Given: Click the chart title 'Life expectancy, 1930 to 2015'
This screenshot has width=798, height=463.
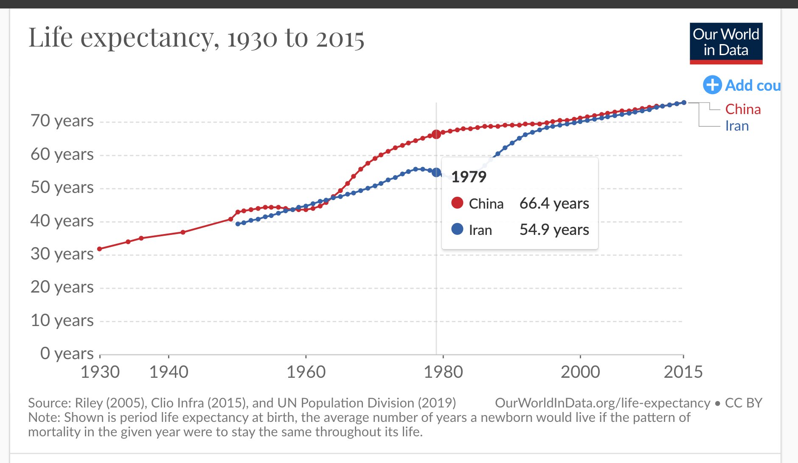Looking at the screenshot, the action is coord(196,38).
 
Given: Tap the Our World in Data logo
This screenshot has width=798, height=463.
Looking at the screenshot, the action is coord(726,43).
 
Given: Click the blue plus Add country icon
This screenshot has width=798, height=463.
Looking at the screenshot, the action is coord(712,85).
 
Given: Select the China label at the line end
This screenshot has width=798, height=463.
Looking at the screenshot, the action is coord(743,109).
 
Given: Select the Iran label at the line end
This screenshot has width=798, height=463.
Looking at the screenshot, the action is coord(737,126).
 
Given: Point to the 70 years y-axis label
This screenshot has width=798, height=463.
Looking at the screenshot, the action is coord(62,121).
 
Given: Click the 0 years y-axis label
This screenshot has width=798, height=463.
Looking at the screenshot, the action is coord(67,353).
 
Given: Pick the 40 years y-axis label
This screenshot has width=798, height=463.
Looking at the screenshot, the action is coord(62,221).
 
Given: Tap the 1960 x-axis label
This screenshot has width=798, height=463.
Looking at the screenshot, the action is coord(306,372).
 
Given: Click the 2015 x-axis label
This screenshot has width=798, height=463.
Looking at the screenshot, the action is coord(683,372).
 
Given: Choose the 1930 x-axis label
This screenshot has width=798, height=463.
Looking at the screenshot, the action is coord(100,372).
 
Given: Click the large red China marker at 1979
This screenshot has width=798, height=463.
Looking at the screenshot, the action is coord(436,134).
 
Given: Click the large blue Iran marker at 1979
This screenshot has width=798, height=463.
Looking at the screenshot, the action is coord(436,172).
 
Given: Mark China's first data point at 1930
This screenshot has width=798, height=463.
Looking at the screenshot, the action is coord(100,249).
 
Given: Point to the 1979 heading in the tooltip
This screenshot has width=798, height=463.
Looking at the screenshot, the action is coord(469,177).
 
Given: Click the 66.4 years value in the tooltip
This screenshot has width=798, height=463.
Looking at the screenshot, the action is coord(554,204).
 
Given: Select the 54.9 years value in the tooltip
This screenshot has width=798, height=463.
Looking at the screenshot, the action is coord(554,230).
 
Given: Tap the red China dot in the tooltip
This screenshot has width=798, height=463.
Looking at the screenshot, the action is coord(457,203).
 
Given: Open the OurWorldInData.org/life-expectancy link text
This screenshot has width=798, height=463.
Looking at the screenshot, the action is coord(602,403).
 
